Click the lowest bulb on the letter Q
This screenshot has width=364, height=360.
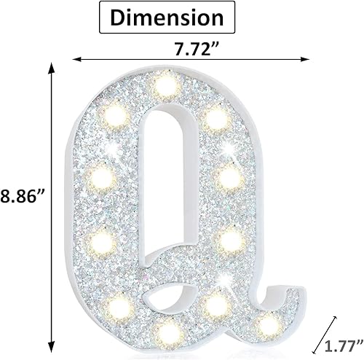pyautogui.click(x=170, y=334)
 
